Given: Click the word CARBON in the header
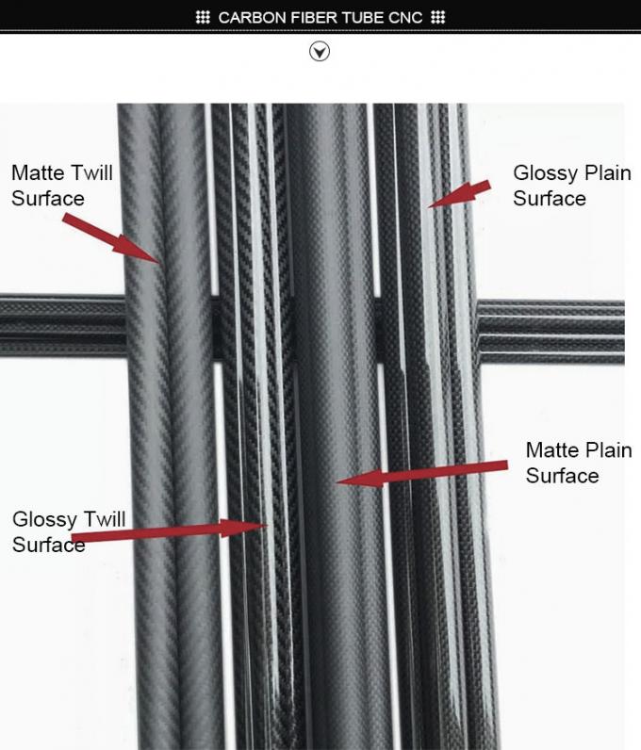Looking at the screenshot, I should (248, 18).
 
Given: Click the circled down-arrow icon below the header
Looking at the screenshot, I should (320, 52).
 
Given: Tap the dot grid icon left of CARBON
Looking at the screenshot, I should (203, 18).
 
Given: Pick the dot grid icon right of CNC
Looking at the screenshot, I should (438, 18).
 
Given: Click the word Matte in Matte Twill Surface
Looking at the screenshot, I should (39, 173).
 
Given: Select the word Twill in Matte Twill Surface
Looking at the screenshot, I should (91, 173).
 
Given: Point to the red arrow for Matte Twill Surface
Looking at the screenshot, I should (113, 237).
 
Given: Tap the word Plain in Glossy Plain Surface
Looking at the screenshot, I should (606, 173).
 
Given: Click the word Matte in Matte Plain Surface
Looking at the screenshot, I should (552, 450).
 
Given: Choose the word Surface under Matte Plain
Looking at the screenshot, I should (562, 476).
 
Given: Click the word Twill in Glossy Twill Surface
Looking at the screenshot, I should (103, 519).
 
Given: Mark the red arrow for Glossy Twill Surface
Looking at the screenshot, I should (170, 533).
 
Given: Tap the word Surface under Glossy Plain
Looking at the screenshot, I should (550, 199).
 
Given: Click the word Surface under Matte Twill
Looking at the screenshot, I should (48, 199).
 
